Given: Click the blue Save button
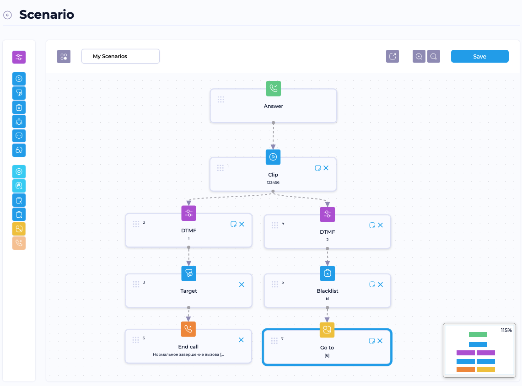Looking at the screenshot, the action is pyautogui.click(x=479, y=56).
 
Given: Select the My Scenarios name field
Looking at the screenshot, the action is pyautogui.click(x=120, y=56).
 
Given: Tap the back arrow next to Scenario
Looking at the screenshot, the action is pyautogui.click(x=7, y=15).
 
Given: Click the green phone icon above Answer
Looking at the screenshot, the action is pyautogui.click(x=273, y=89).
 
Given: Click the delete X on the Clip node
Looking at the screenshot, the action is pyautogui.click(x=326, y=168).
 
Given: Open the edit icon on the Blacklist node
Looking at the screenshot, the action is pyautogui.click(x=372, y=284).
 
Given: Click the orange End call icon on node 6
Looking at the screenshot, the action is pyautogui.click(x=188, y=329).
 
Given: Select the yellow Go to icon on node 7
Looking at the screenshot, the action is pyautogui.click(x=327, y=330).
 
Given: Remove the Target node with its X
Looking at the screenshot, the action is pyautogui.click(x=242, y=284).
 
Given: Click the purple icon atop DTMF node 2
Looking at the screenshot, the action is pyautogui.click(x=189, y=213).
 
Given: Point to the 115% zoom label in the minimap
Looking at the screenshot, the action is pyautogui.click(x=506, y=330).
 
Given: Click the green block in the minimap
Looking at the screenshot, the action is pyautogui.click(x=478, y=334).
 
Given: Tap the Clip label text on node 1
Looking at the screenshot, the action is pyautogui.click(x=273, y=175).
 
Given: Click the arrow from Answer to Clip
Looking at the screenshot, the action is pyautogui.click(x=273, y=136).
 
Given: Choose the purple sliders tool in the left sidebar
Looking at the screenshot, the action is pyautogui.click(x=19, y=57).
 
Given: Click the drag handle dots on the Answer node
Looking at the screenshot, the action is pyautogui.click(x=221, y=100).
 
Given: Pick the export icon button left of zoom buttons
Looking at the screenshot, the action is pyautogui.click(x=393, y=56).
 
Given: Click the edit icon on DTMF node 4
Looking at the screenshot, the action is pyautogui.click(x=372, y=225).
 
